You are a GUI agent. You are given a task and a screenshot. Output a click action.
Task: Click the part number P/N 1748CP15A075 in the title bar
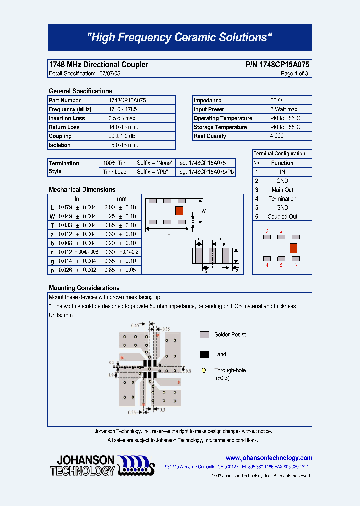click(x=277, y=65)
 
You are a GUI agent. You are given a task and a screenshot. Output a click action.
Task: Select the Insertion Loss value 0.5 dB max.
click(x=123, y=118)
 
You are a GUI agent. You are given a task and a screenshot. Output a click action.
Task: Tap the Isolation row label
click(x=60, y=145)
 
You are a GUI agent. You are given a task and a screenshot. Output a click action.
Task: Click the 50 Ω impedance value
click(x=276, y=100)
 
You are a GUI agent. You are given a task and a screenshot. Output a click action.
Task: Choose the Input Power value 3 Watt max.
click(x=284, y=109)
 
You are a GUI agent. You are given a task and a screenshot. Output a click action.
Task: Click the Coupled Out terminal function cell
click(x=282, y=217)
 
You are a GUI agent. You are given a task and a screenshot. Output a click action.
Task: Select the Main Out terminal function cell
click(x=282, y=190)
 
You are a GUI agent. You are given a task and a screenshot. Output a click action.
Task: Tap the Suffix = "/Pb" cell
click(x=155, y=172)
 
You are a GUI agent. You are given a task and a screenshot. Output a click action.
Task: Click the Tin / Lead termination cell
click(x=115, y=172)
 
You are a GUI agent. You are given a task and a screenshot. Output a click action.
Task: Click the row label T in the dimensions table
click(x=52, y=225)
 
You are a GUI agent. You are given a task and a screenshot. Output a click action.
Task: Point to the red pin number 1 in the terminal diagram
click(x=295, y=231)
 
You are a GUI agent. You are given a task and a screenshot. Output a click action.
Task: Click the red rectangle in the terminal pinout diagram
click(x=294, y=248)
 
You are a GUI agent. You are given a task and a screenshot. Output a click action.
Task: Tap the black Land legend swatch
click(x=204, y=354)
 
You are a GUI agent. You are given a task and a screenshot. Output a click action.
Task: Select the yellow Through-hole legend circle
click(x=204, y=370)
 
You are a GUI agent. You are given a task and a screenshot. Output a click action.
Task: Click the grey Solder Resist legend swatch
click(x=204, y=335)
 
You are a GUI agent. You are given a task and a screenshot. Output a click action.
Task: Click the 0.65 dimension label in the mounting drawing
click(x=135, y=325)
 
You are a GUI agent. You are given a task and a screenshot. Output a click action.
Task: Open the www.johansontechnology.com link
click(x=269, y=458)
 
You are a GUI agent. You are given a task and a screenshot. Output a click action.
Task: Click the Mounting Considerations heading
click(x=84, y=288)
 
